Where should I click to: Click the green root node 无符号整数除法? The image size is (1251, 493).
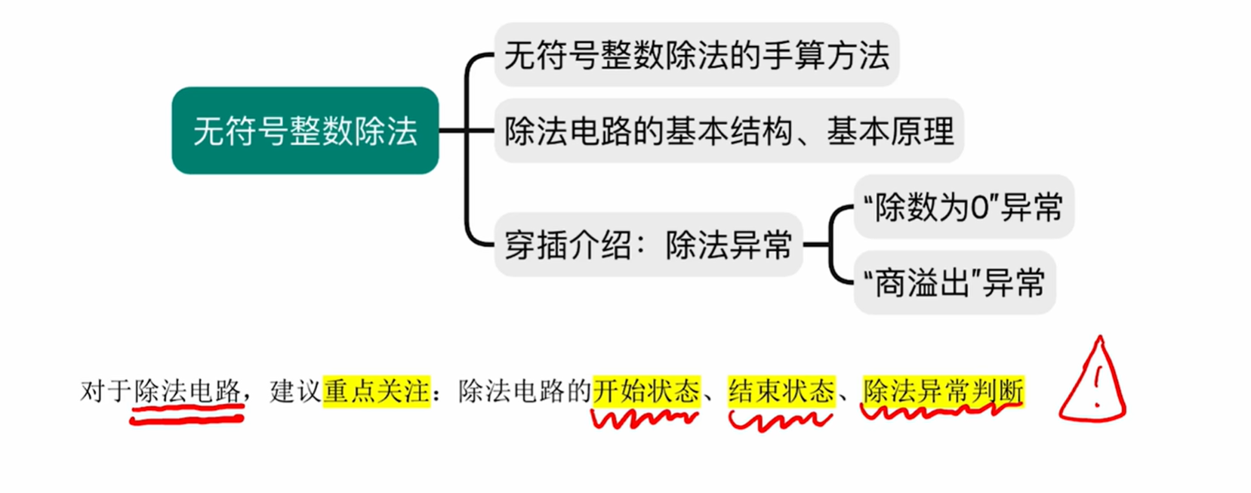[305, 131]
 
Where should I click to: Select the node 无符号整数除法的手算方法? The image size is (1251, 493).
[696, 55]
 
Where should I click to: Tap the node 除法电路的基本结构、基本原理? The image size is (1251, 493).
[729, 131]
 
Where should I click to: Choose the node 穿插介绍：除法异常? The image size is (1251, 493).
[648, 245]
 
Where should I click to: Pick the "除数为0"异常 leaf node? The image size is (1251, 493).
[963, 207]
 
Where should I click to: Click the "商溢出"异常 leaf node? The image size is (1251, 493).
[954, 282]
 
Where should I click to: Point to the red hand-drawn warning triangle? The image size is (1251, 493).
[1092, 381]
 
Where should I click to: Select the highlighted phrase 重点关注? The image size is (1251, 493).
[376, 391]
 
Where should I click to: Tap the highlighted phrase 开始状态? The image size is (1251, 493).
[646, 391]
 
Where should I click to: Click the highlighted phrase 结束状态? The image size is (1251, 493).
[781, 391]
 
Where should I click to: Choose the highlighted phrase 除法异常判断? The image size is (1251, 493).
[943, 391]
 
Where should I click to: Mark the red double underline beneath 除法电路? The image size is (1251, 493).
[187, 414]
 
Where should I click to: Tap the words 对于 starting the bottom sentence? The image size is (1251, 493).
[106, 391]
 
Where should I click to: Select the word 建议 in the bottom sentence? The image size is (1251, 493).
[295, 391]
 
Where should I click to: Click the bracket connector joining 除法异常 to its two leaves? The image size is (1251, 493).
[831, 245]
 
